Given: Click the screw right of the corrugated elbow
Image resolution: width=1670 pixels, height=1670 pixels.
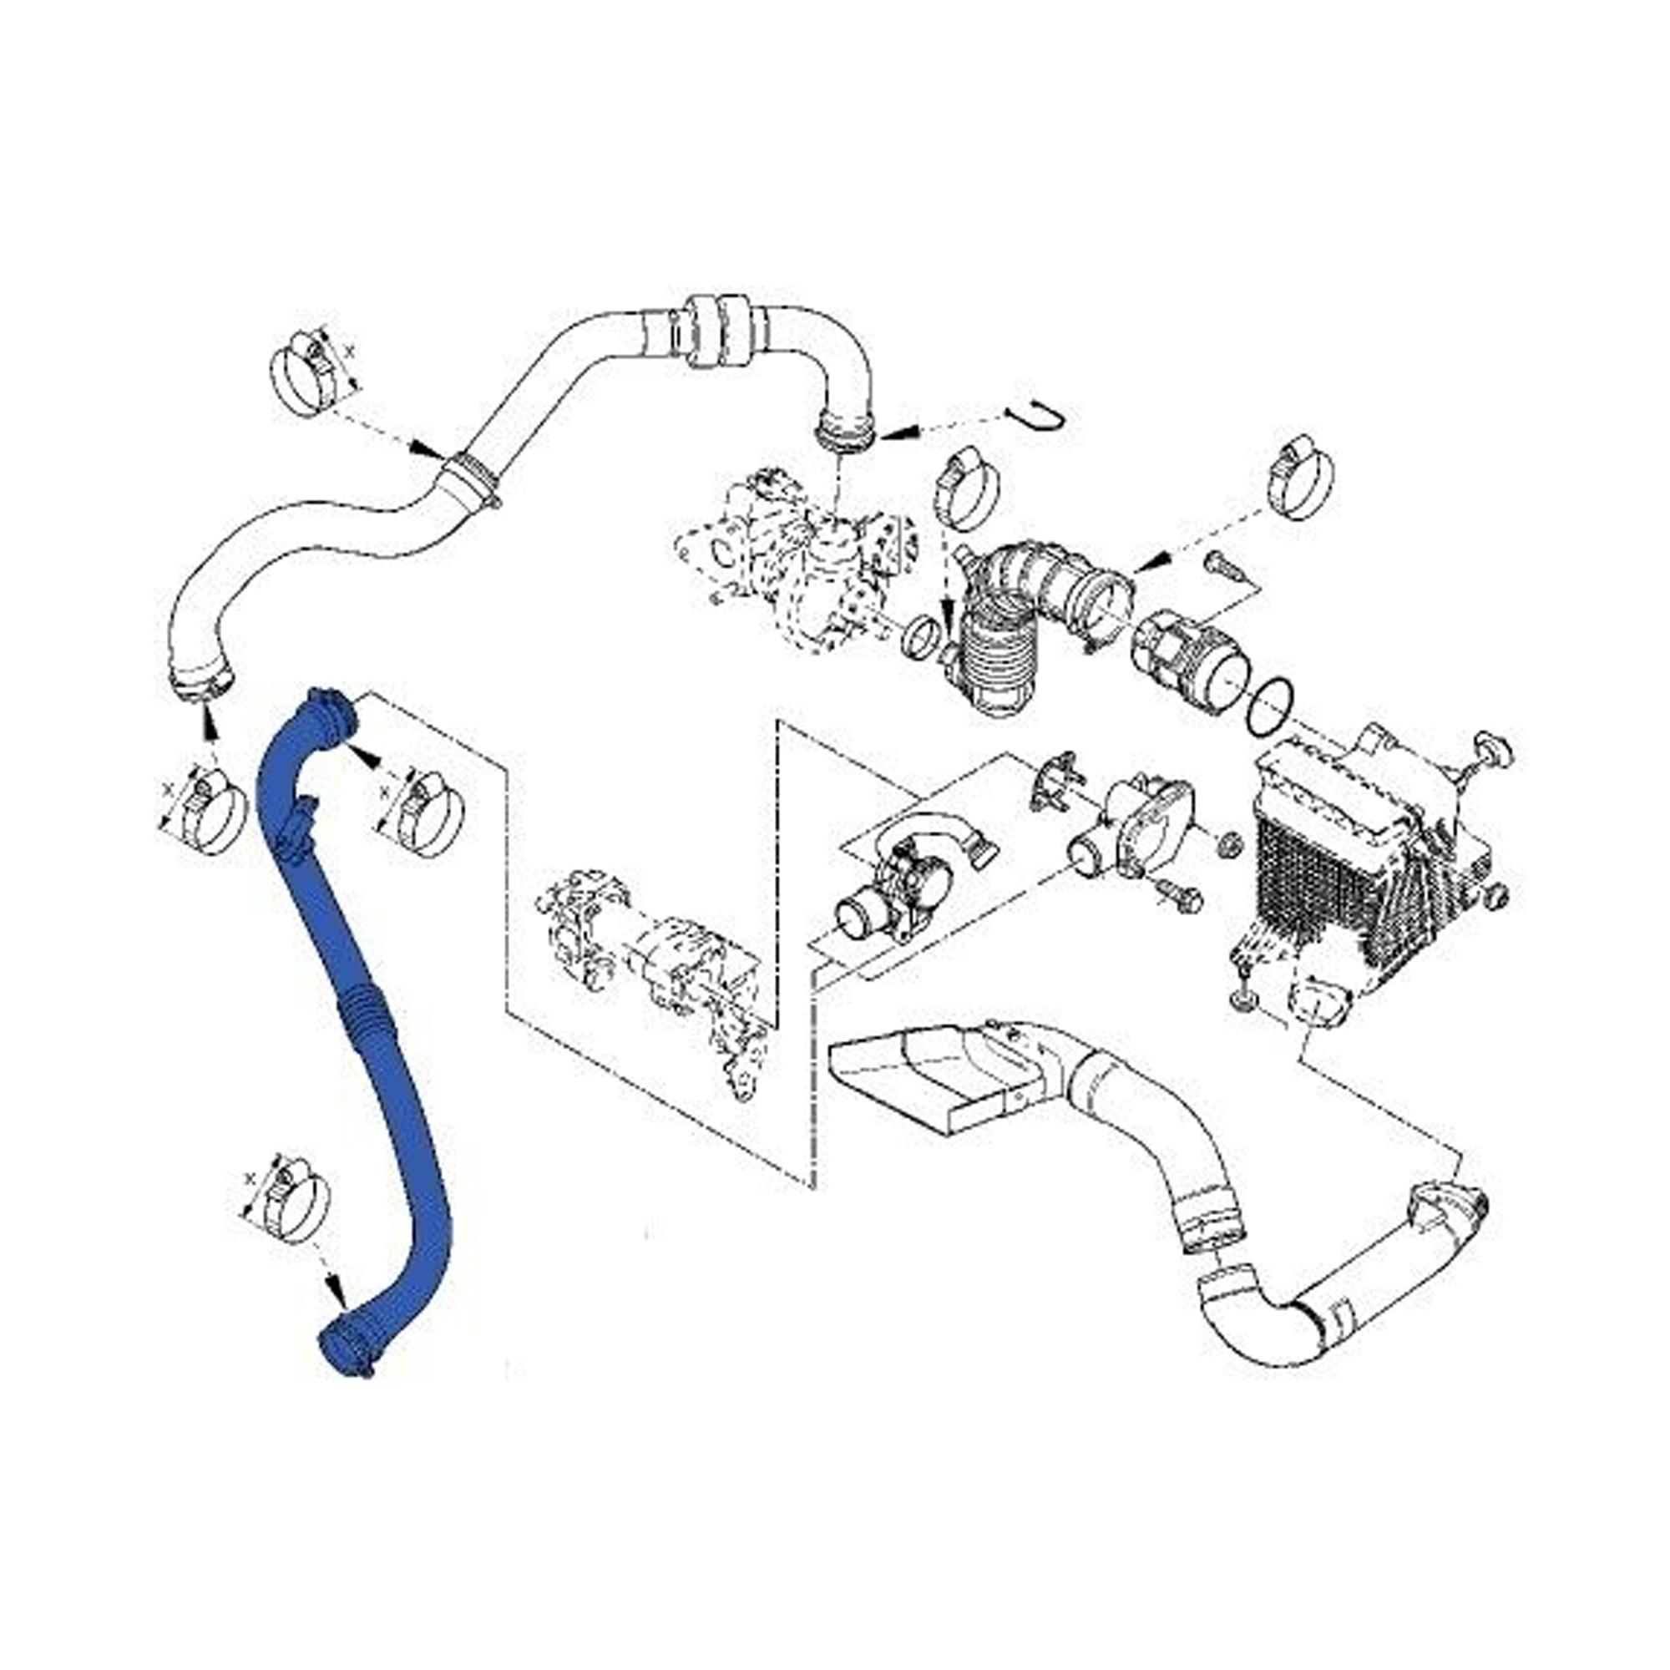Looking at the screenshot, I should [x=1221, y=566].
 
